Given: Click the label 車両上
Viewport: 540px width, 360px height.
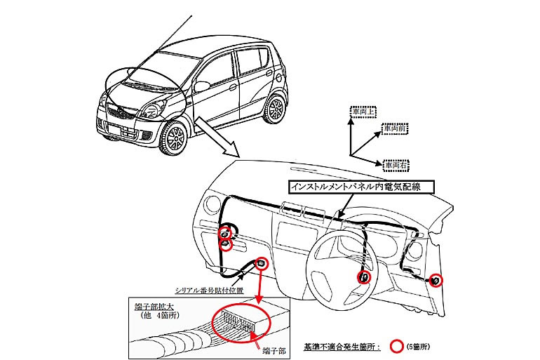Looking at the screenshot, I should point(363,112).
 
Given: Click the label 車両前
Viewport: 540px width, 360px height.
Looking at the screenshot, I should point(398,130).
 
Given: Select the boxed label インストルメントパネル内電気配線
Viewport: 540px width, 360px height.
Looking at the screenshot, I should point(363,187).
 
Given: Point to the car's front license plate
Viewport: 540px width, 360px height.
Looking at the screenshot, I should point(114,128).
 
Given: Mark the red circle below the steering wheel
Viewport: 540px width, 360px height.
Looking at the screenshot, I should point(365,278).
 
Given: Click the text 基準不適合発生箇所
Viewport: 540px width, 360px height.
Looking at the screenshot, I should point(339,347).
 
